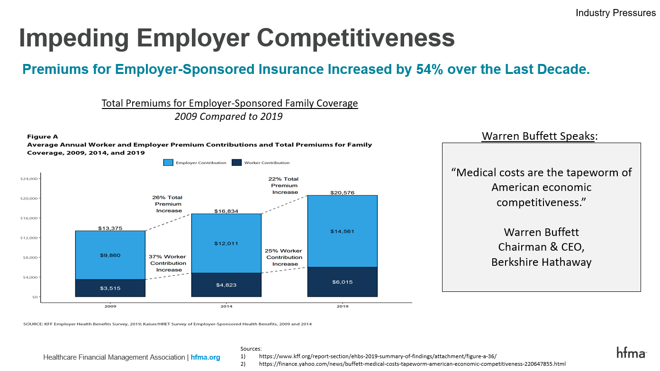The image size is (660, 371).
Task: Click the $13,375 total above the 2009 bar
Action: [110, 228]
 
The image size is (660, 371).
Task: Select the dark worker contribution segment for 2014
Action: [226, 285]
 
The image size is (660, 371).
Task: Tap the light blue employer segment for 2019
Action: [342, 231]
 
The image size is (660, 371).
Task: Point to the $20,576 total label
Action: [342, 193]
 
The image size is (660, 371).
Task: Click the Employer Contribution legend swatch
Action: [168, 163]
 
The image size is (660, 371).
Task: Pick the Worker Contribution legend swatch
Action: [236, 163]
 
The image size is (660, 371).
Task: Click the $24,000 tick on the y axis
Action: [29, 179]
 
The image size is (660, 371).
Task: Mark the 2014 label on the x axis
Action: [226, 306]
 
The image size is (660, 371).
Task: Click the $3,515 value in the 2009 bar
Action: [110, 288]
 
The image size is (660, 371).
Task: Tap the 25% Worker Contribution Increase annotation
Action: [284, 257]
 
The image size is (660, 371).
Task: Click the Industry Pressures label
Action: [615, 13]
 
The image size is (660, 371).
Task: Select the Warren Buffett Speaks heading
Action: [538, 136]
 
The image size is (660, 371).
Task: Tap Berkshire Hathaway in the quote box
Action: [541, 262]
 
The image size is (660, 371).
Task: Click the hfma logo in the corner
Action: [631, 353]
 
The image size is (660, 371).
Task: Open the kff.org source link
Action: [378, 356]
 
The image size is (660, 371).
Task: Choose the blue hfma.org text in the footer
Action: [205, 357]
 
